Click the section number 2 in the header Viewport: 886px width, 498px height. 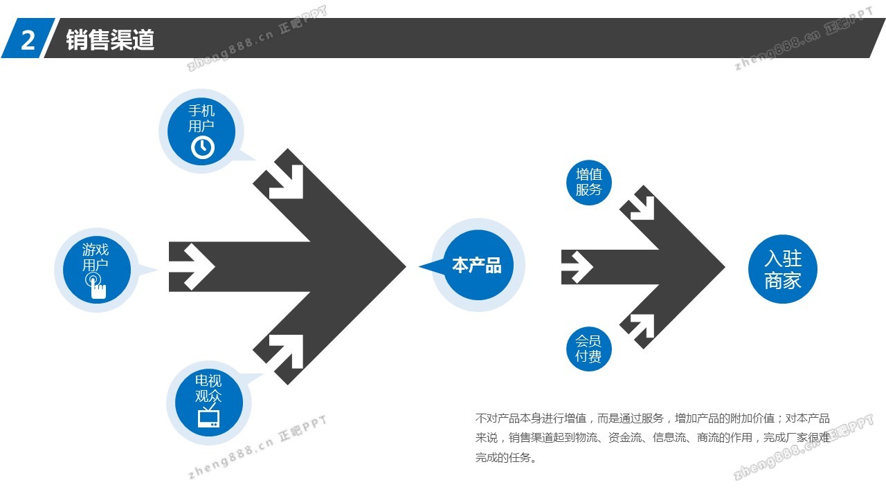pyautogui.click(x=28, y=40)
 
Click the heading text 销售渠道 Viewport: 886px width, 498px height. pyautogui.click(x=110, y=40)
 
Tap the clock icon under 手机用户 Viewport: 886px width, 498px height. pyautogui.click(x=202, y=147)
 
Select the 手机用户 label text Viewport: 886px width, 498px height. pyautogui.click(x=201, y=118)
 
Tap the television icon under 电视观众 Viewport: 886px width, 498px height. pyautogui.click(x=208, y=418)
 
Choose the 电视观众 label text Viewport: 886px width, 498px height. pyautogui.click(x=208, y=389)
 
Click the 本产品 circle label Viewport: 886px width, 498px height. pyautogui.click(x=476, y=266)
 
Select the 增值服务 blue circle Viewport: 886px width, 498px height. pyautogui.click(x=588, y=182)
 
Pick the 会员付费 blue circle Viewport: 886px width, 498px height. pyautogui.click(x=588, y=349)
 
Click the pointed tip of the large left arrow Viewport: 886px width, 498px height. pyautogui.click(x=404, y=266)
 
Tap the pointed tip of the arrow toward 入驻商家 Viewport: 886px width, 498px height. pyautogui.click(x=723, y=267)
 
